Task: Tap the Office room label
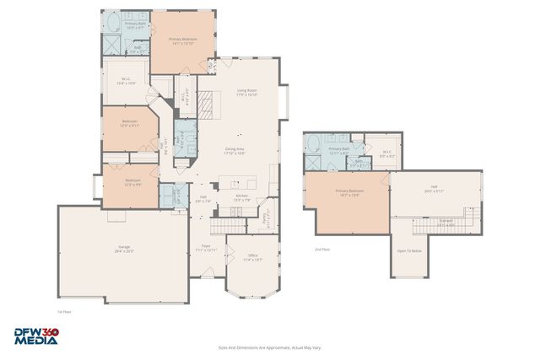click(252, 256)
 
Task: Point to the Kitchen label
click(242, 197)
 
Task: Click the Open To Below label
click(409, 250)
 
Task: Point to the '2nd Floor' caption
click(322, 250)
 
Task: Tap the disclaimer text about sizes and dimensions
click(269, 347)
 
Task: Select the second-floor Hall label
click(434, 189)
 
